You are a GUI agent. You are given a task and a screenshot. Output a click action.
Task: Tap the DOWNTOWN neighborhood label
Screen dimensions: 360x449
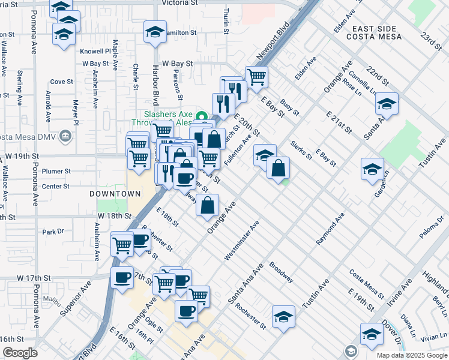click(x=115, y=194)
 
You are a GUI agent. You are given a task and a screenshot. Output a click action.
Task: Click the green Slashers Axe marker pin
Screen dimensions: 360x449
click(x=202, y=117)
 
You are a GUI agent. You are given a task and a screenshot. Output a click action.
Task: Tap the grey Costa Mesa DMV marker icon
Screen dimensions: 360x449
click(x=66, y=136)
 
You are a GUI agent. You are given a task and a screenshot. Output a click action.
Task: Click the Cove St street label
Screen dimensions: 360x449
click(x=61, y=82)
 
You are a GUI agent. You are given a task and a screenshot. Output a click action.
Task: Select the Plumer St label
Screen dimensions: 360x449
click(x=56, y=171)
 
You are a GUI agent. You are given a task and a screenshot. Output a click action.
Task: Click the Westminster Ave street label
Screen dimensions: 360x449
click(x=241, y=241)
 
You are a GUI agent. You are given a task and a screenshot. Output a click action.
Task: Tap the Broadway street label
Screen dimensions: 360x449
click(x=281, y=272)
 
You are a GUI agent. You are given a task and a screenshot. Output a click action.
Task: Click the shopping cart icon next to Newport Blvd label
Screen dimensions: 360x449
click(x=256, y=76)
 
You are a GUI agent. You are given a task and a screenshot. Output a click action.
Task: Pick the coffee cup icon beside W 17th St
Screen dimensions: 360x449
click(x=122, y=277)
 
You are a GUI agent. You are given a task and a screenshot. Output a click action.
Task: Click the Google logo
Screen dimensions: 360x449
click(x=19, y=353)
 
